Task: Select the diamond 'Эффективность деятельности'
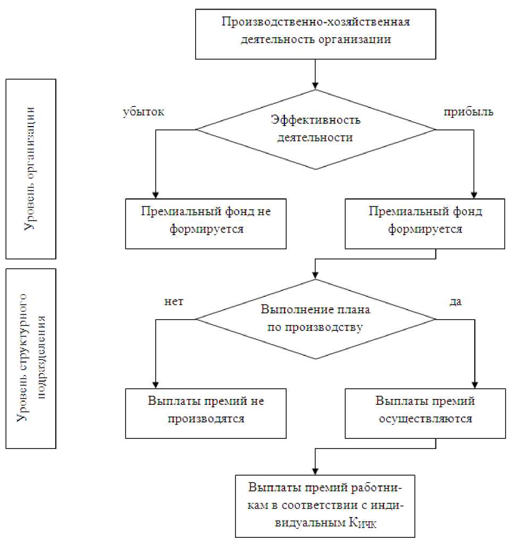click(315, 129)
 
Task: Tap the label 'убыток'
click(144, 112)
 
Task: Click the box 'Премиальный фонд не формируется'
click(206, 223)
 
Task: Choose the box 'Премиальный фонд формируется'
click(425, 223)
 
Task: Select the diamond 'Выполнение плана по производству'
click(315, 319)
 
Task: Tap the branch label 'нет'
click(174, 302)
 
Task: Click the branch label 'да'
click(455, 302)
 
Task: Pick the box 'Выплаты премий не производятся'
click(206, 413)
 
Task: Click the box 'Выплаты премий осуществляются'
click(425, 413)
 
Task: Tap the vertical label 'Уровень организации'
click(30, 169)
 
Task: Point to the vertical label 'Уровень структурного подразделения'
click(30, 358)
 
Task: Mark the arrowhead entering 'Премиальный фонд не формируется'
click(155, 195)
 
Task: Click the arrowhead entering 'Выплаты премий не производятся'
click(155, 384)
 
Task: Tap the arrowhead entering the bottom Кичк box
click(315, 469)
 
